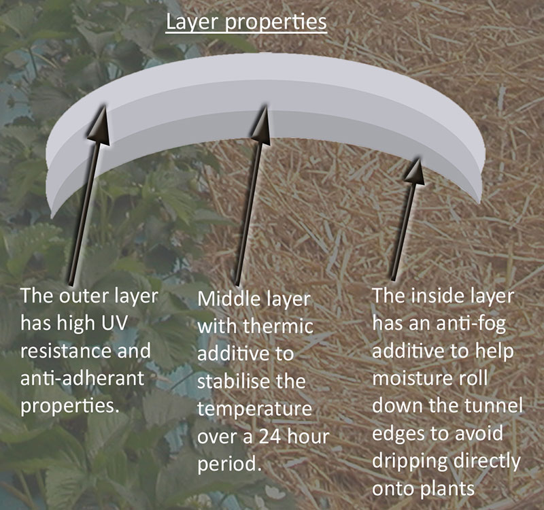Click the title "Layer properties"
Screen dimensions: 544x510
pos(246,22)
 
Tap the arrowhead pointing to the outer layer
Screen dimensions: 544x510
pos(99,125)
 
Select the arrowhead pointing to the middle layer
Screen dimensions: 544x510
pos(261,125)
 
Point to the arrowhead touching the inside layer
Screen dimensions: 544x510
pos(415,171)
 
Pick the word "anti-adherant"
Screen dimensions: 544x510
pos(82,378)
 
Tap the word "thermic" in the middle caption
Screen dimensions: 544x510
pos(278,326)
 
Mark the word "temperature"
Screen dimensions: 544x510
pos(254,409)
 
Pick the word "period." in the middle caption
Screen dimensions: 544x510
pos(229,464)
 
